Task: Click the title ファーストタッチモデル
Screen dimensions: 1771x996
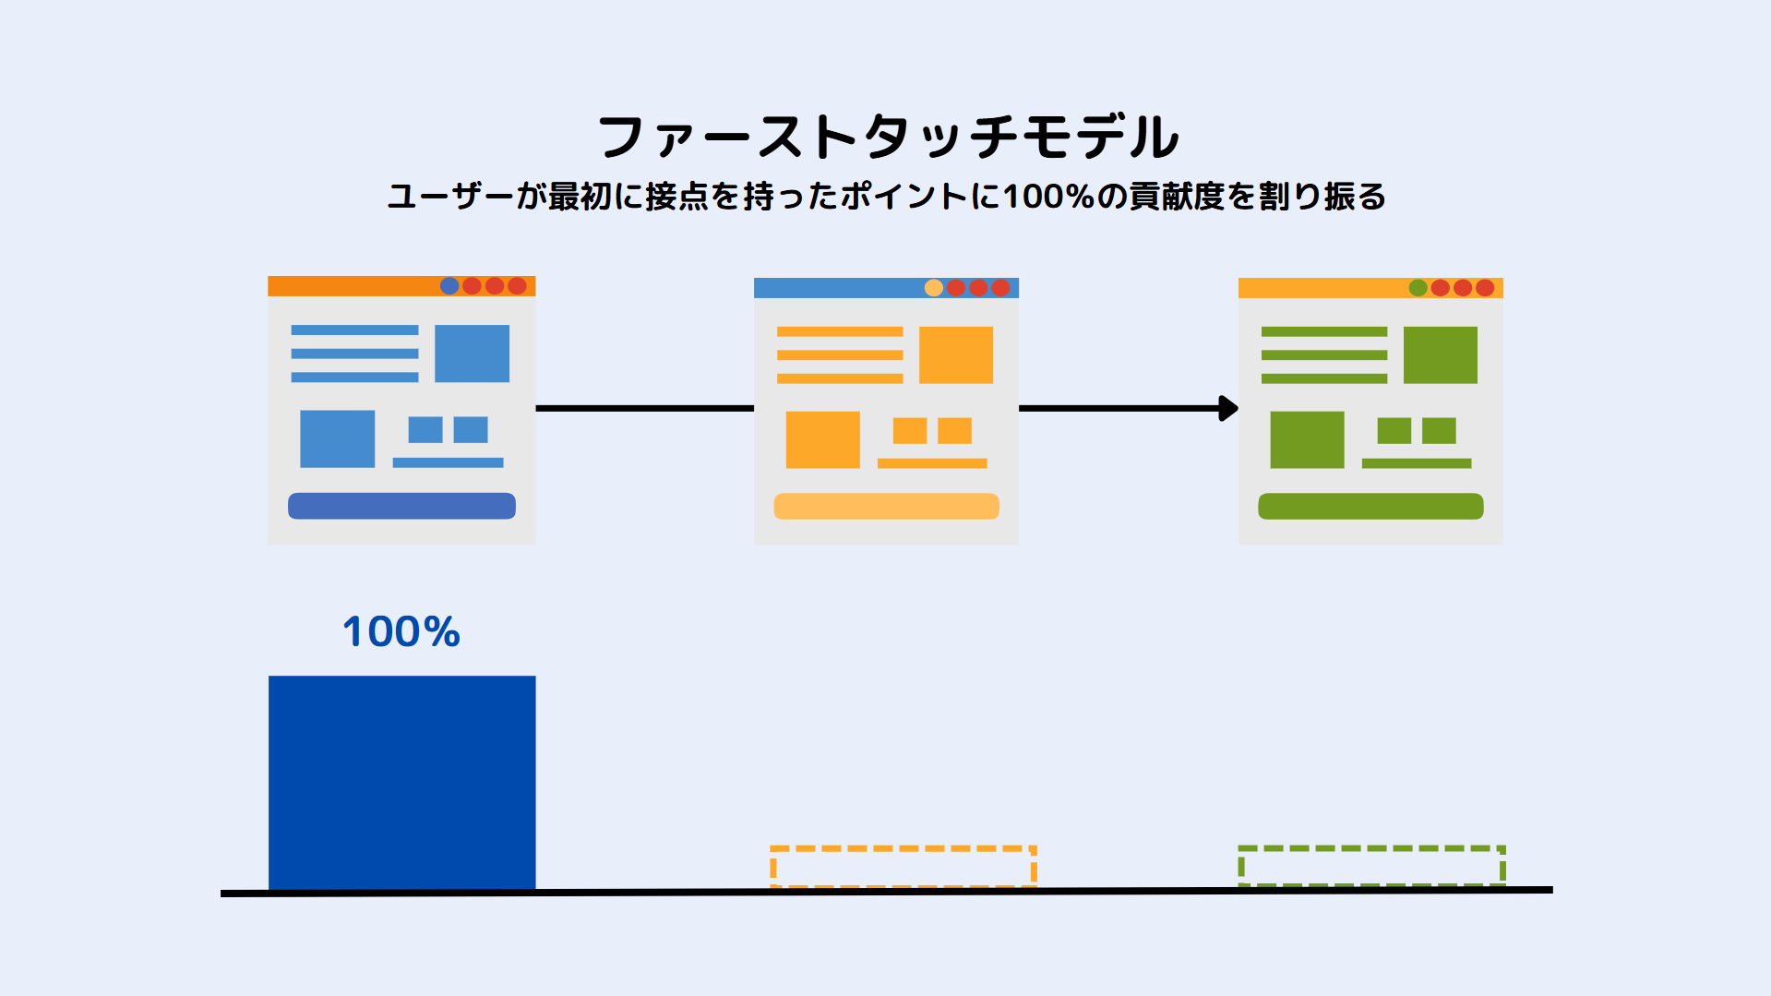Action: (888, 137)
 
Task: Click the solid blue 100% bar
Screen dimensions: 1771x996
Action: (401, 783)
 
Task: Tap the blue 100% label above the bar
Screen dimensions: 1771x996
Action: (401, 632)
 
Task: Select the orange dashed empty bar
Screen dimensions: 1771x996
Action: (903, 867)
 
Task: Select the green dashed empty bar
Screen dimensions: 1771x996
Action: (1371, 866)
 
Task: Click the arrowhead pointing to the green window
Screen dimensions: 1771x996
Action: (1228, 408)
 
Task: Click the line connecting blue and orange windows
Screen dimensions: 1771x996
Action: (645, 408)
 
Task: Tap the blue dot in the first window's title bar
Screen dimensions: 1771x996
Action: (449, 286)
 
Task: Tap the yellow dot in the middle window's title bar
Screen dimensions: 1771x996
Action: (934, 288)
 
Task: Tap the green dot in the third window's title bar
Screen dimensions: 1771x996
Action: (1418, 288)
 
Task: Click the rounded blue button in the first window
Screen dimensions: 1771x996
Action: (401, 506)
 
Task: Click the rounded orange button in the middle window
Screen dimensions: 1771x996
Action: (886, 506)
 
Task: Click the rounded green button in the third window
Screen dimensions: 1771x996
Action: (1370, 506)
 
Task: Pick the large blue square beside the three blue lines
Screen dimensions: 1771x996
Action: (472, 354)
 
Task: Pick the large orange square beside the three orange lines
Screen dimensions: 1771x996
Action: (956, 354)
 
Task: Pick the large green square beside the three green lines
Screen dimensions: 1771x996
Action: (1441, 354)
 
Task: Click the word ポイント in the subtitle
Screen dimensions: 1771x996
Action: (904, 197)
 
